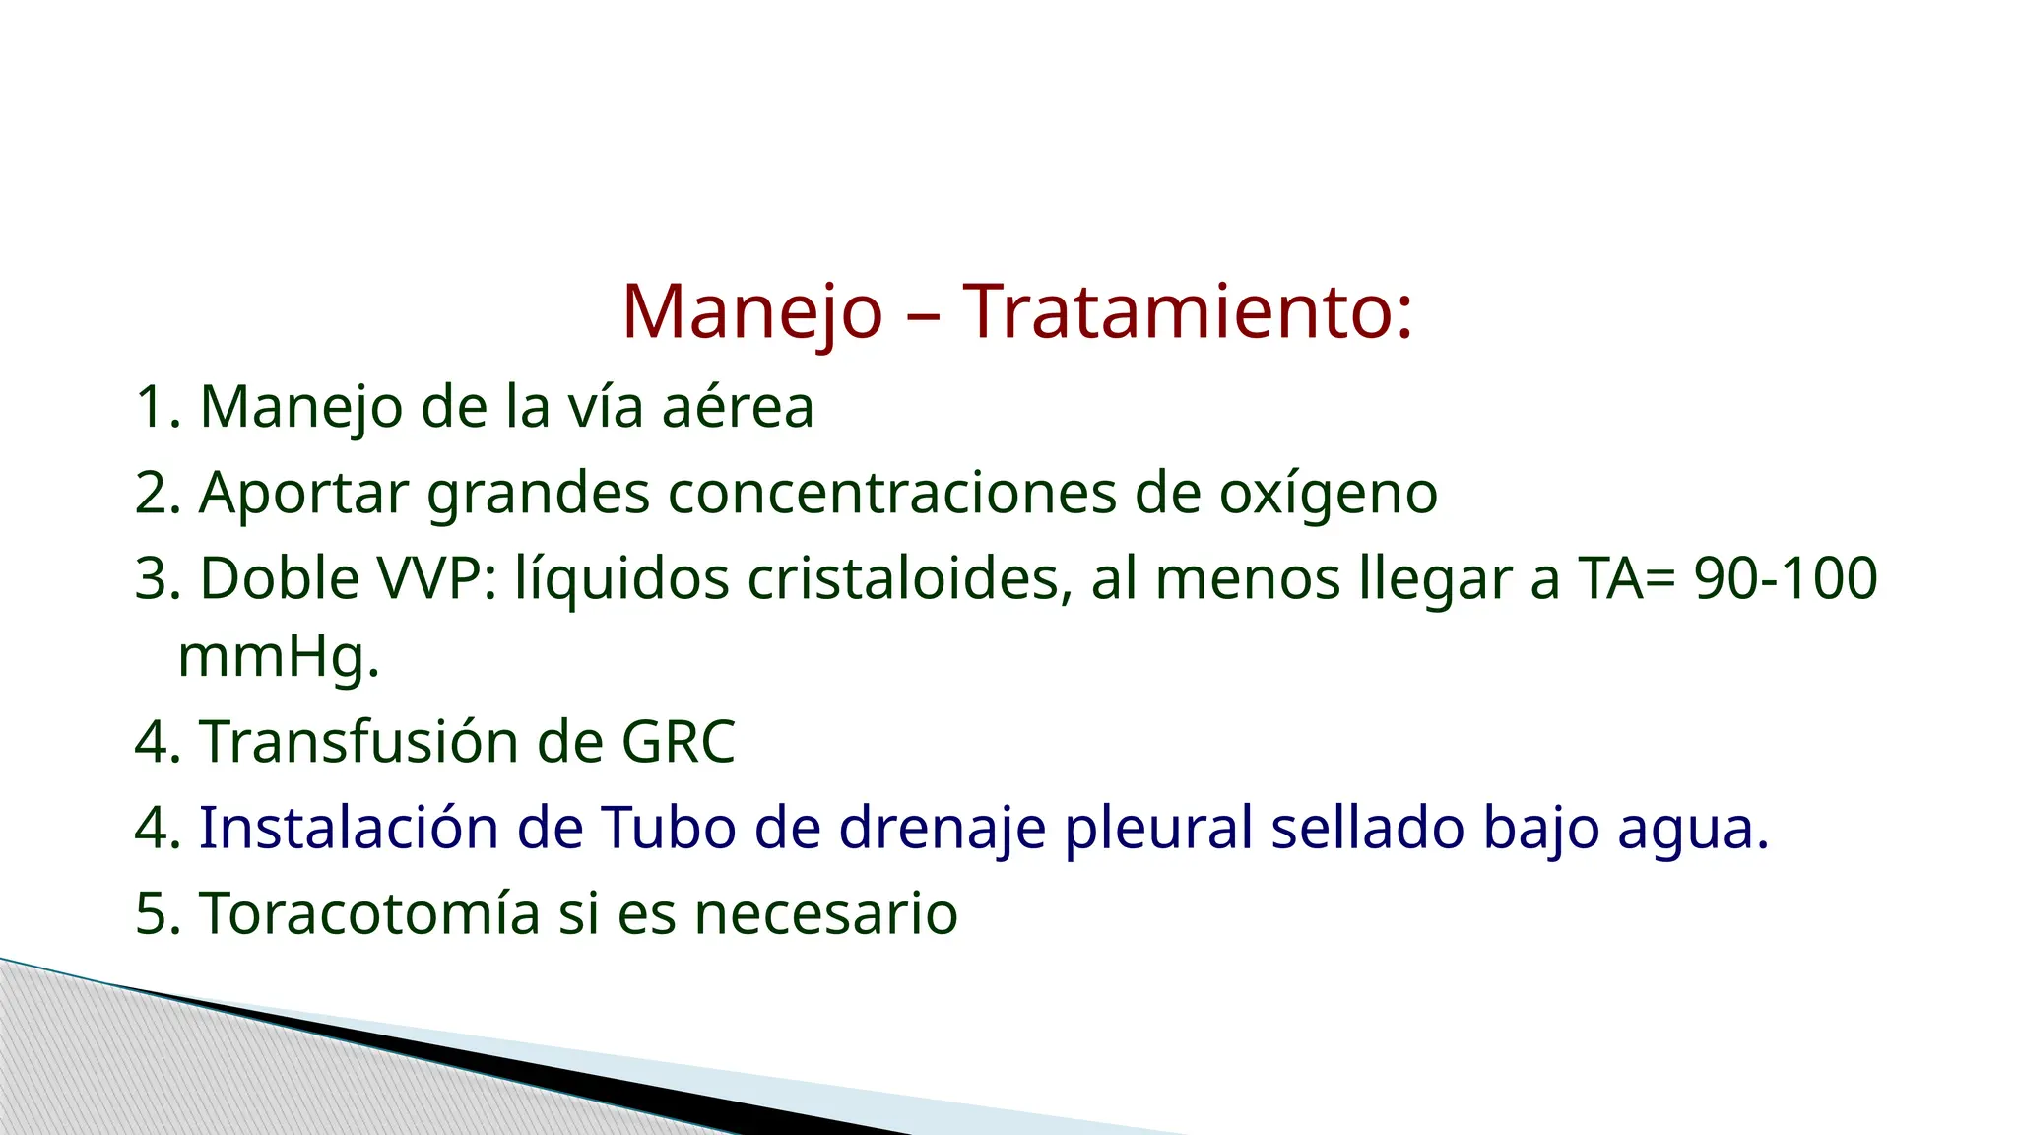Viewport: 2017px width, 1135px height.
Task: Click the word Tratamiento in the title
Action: tap(1187, 311)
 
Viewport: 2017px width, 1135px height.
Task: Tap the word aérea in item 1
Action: tap(738, 407)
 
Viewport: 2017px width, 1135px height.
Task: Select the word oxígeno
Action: tap(1328, 493)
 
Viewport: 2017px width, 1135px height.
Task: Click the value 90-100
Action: tap(1785, 578)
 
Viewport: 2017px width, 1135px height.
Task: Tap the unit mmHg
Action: tap(278, 657)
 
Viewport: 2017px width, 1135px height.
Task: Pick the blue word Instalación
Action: tap(349, 828)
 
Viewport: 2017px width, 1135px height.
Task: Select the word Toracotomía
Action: tap(369, 913)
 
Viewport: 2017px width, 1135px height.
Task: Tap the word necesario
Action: tap(825, 913)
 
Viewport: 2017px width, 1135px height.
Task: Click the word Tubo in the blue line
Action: tap(668, 828)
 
